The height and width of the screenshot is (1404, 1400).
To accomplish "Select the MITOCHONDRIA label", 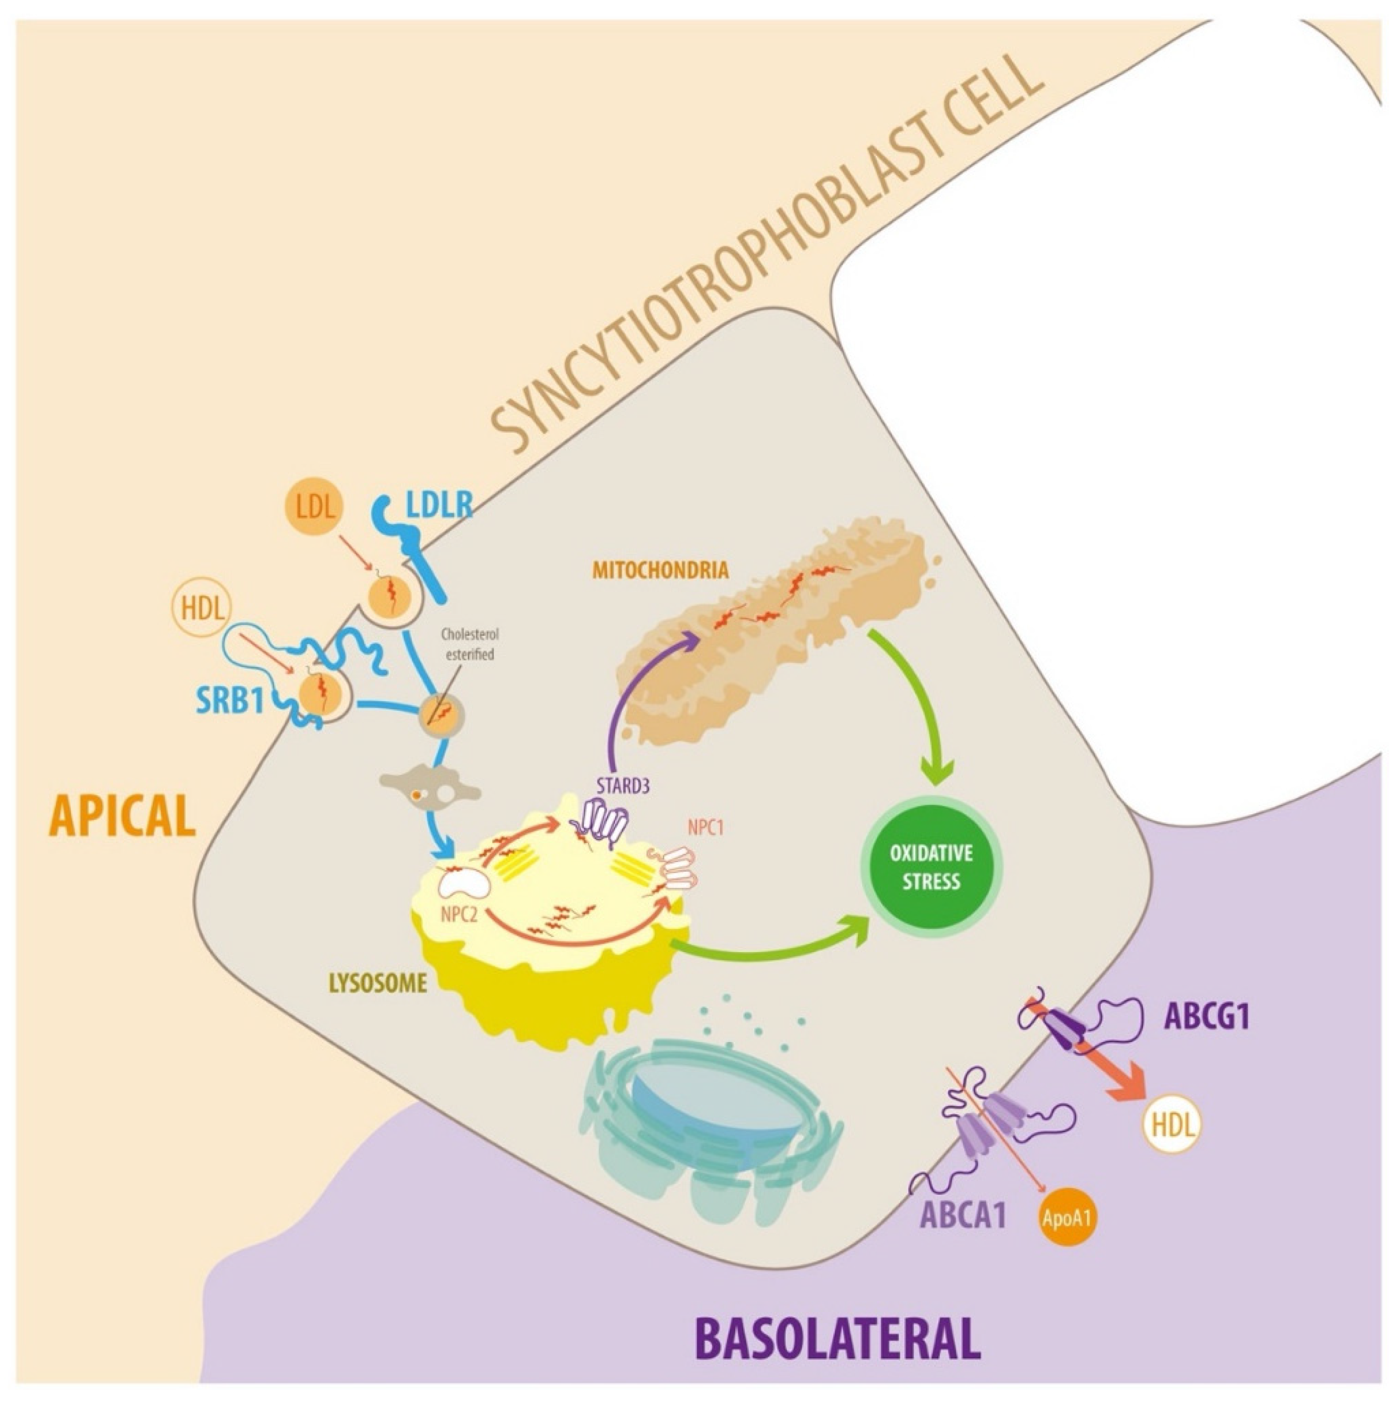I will tap(660, 569).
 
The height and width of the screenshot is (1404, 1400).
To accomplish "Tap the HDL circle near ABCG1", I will tap(1172, 1127).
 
